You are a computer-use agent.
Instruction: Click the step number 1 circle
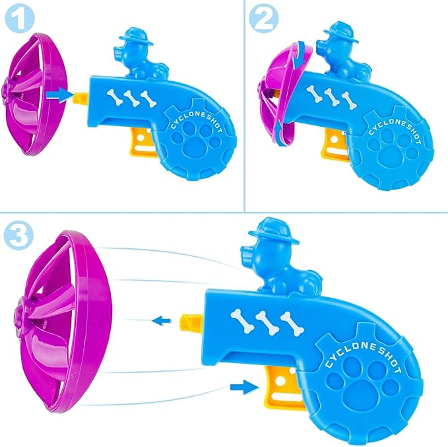(20, 18)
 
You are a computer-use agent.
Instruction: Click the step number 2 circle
(264, 18)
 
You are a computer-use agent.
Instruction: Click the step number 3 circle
(19, 236)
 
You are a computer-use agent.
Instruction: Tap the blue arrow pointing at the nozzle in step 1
(59, 94)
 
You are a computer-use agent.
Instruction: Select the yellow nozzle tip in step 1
(82, 98)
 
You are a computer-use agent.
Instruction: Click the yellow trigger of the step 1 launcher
(142, 142)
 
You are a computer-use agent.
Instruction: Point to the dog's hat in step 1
(136, 37)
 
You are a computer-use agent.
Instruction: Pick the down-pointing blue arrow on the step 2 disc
(299, 55)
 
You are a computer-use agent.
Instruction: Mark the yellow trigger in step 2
(335, 145)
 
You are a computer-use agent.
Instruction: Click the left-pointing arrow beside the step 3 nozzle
(162, 320)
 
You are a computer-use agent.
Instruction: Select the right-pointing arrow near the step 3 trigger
(245, 387)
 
